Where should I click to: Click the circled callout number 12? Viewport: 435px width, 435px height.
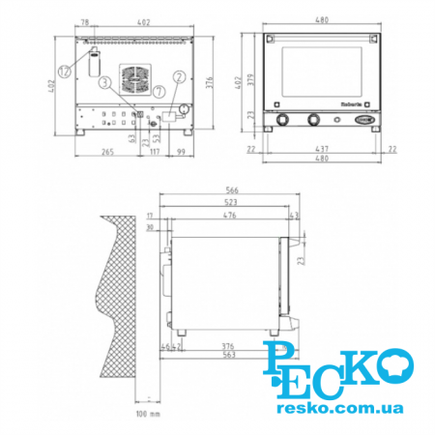pos(64,71)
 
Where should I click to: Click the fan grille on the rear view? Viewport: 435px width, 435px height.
pos(133,78)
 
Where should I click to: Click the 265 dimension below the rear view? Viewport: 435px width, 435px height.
pos(107,152)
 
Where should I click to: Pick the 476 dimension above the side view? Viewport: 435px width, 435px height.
pos(229,216)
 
